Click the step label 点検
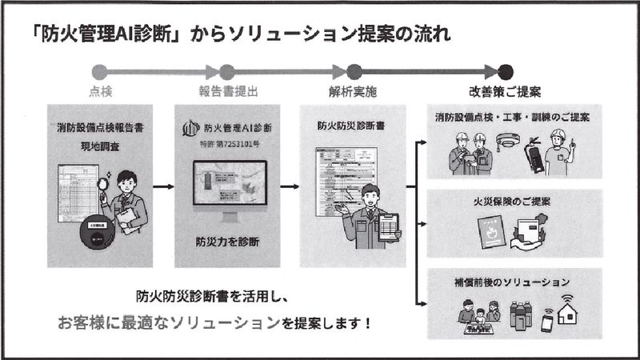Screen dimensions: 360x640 click(x=100, y=91)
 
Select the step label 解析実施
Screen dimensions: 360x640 click(x=352, y=91)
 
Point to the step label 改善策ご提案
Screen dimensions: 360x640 click(x=504, y=91)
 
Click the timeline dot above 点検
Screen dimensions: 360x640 click(x=99, y=72)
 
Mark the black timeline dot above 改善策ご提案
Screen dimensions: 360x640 click(x=505, y=72)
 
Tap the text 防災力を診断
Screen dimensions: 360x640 click(x=226, y=242)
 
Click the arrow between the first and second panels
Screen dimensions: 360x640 click(x=163, y=187)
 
